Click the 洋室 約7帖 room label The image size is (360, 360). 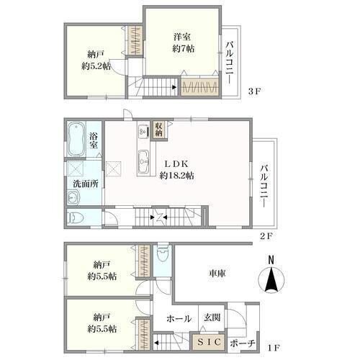point(184,43)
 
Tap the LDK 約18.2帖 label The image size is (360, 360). point(177,170)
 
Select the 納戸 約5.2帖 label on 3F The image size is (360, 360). point(96,60)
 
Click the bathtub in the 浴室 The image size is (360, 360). point(76,139)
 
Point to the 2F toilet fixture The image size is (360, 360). point(76,217)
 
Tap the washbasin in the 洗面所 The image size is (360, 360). point(73,197)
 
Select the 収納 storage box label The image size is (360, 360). point(158,129)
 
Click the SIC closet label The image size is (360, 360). point(209,342)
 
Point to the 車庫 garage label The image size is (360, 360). point(217,274)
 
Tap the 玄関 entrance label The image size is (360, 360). point(212,318)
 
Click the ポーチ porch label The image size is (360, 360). point(243,343)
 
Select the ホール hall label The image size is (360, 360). point(179,319)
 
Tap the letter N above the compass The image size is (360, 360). point(271,261)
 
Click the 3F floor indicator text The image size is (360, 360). point(254,91)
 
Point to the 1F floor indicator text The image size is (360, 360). point(274,347)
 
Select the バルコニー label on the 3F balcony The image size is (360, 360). point(230,63)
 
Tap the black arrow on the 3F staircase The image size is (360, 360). point(174,88)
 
